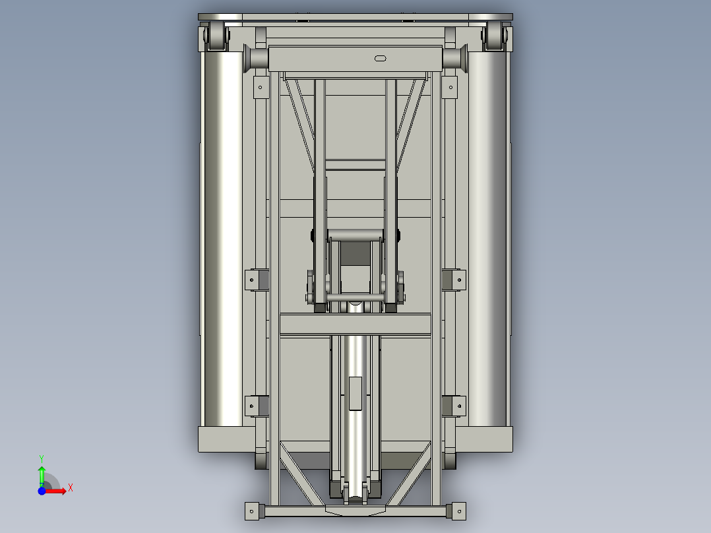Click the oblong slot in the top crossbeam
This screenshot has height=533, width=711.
(381, 59)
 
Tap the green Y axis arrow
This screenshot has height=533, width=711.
(42, 475)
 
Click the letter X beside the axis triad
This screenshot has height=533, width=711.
(71, 488)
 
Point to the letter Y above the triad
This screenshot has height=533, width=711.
(42, 458)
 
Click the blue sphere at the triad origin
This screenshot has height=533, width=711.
(42, 490)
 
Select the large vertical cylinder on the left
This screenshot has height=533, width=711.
(222, 237)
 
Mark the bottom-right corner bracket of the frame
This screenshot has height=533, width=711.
(456, 510)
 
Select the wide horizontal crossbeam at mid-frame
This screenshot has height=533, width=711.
(355, 324)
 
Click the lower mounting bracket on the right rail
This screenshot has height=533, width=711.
(454, 406)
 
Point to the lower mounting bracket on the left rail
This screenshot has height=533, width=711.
(257, 406)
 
